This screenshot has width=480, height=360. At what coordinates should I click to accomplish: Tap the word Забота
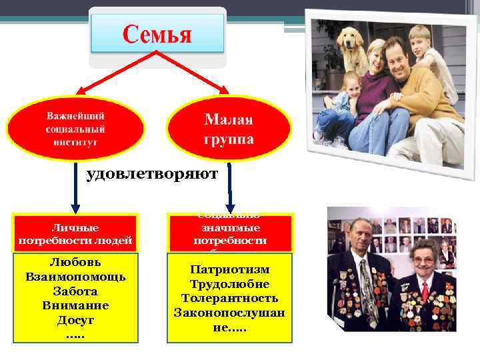pos(75,291)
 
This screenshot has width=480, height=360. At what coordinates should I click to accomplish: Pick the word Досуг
pos(75,320)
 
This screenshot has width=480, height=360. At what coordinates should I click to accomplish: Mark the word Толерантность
pos(230,299)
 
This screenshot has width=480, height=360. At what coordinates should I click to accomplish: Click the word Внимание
pos(75,305)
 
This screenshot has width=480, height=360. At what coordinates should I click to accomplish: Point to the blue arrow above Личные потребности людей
pos(75,190)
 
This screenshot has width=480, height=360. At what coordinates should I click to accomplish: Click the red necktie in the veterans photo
pos(425,291)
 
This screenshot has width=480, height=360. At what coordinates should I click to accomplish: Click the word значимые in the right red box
pos(230,227)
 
